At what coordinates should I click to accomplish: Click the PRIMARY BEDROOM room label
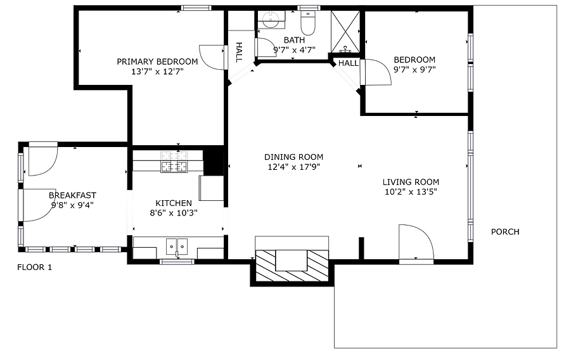157,61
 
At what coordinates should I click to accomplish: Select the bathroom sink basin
271,19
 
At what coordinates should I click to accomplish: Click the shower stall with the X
345,32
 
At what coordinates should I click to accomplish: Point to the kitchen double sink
177,247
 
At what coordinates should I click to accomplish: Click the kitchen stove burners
174,162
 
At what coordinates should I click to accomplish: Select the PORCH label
505,232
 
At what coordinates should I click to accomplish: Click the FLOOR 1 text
35,267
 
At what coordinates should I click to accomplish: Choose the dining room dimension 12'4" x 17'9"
294,167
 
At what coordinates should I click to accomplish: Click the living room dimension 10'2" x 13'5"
411,191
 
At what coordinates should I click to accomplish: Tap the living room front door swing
416,242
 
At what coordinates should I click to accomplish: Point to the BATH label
294,40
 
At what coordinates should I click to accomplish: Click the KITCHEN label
174,203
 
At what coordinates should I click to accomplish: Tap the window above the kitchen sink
177,262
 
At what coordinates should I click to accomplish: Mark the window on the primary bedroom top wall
196,8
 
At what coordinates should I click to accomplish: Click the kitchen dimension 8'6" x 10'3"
174,213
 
